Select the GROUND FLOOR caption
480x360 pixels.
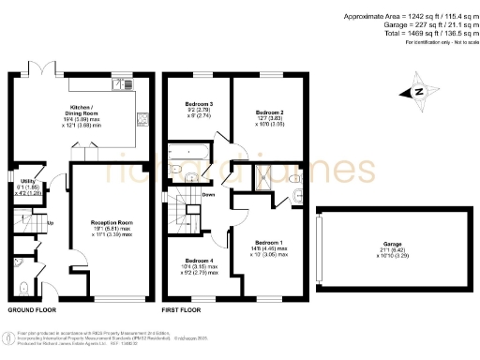pyautogui.click(x=32, y=309)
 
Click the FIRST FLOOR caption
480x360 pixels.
pyautogui.click(x=182, y=309)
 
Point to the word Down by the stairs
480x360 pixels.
pyautogui.click(x=209, y=195)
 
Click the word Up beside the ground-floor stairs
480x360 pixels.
pyautogui.click(x=50, y=222)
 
